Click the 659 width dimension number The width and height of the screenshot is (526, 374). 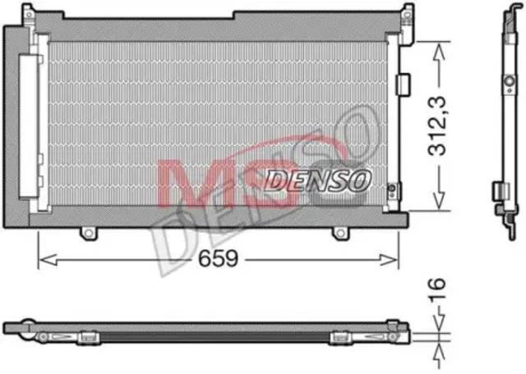tap(218, 258)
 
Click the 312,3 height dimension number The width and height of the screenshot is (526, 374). tap(437, 126)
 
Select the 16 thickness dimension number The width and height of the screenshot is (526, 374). tap(436, 289)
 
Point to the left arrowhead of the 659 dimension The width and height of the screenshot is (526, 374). tap(48, 259)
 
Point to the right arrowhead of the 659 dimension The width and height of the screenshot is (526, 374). tap(389, 259)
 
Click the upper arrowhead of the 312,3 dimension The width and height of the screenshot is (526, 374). tap(439, 52)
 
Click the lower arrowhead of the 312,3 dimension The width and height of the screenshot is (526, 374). tap(439, 200)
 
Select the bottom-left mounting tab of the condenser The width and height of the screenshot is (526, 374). tap(88, 233)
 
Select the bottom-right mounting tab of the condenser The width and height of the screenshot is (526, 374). tap(340, 233)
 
